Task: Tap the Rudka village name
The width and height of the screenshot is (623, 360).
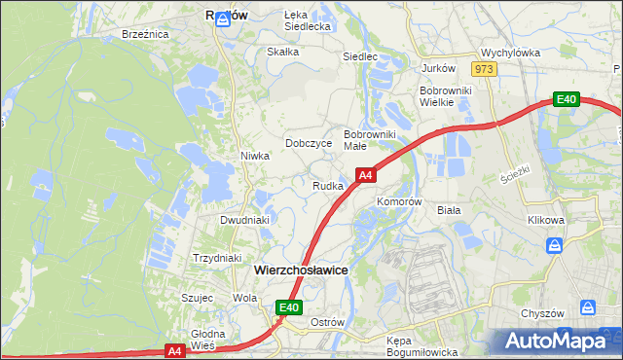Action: [x=327, y=186]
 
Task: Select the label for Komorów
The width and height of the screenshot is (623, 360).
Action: [x=398, y=201]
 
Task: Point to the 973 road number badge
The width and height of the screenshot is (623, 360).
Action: [x=484, y=69]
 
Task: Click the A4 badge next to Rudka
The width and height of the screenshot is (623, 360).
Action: [x=365, y=175]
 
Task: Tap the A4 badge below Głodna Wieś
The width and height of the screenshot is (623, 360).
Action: [x=174, y=350]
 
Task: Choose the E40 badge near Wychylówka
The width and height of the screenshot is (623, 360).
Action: [x=567, y=99]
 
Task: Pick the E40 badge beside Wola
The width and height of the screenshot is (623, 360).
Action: [x=288, y=307]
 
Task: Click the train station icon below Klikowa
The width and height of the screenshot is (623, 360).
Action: [x=556, y=245]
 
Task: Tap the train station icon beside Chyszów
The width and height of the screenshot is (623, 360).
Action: [x=588, y=306]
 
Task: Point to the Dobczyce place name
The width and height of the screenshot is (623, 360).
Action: [x=309, y=143]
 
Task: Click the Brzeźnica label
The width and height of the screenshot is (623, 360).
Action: [x=146, y=34]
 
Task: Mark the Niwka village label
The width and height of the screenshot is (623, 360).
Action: [x=255, y=156]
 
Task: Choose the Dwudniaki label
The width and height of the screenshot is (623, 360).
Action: [x=244, y=220]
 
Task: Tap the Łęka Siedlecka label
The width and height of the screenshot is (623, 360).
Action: [x=309, y=21]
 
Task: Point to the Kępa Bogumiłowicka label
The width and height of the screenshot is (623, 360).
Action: [x=421, y=347]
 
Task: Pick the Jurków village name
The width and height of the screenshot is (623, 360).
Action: [x=438, y=69]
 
